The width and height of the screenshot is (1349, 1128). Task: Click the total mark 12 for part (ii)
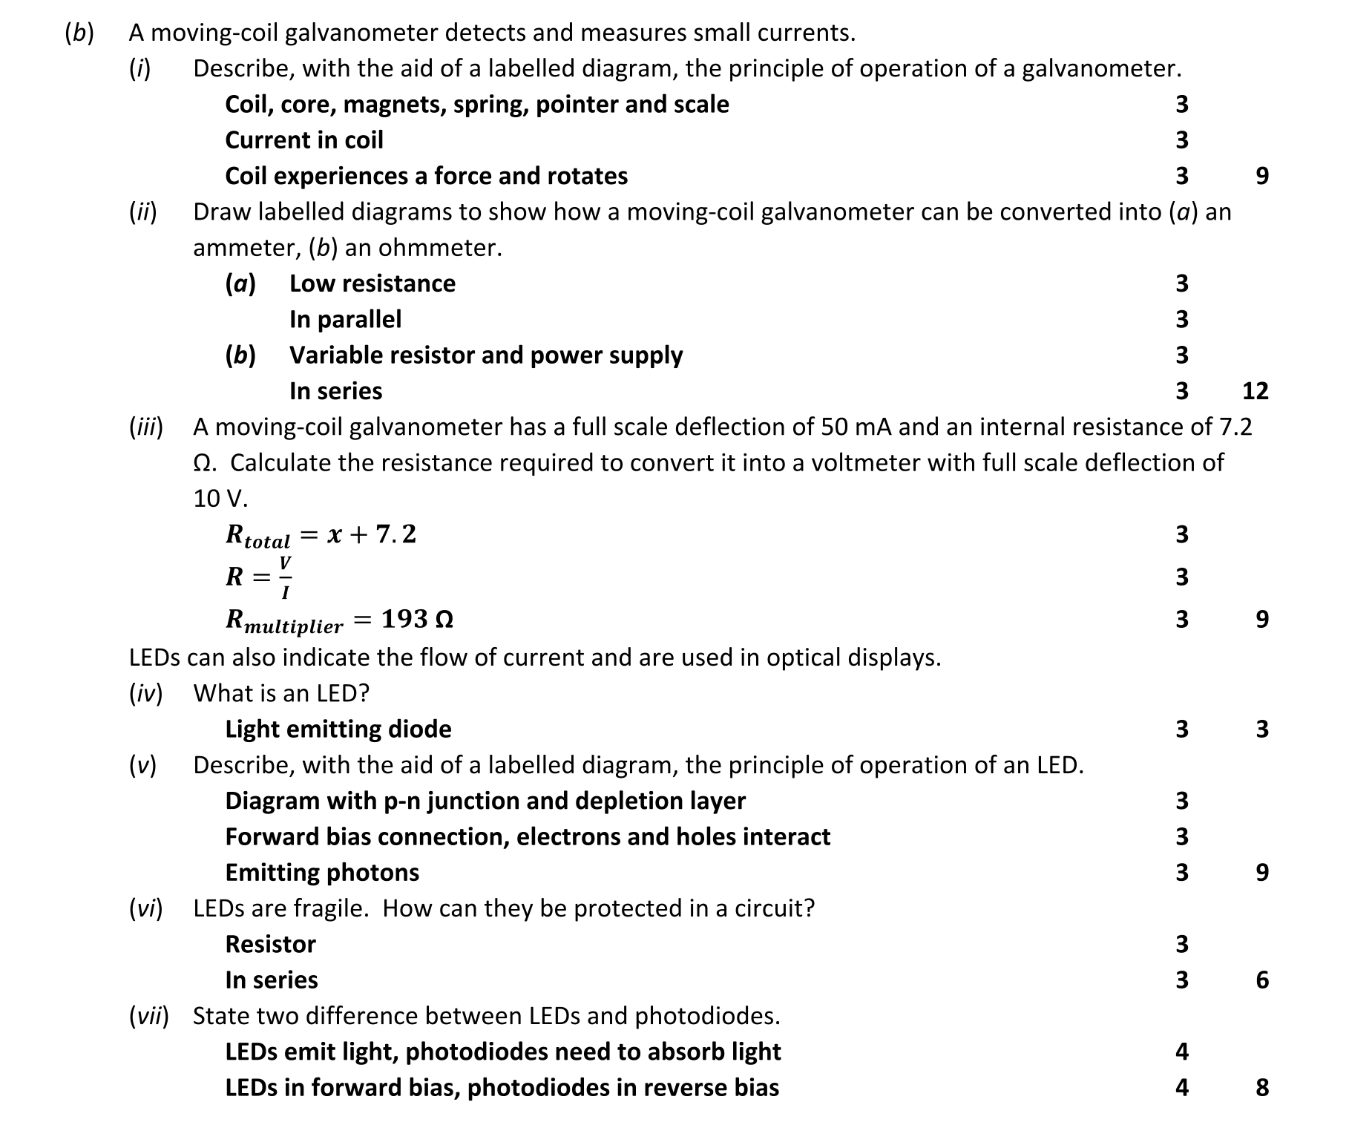tap(1255, 391)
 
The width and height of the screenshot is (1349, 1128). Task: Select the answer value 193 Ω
tap(417, 619)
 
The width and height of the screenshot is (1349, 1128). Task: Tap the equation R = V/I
tap(259, 577)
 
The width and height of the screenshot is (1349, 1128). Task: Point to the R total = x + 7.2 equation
tap(321, 535)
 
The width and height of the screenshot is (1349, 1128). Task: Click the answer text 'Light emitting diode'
tap(338, 729)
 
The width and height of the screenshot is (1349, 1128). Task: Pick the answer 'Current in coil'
tap(304, 140)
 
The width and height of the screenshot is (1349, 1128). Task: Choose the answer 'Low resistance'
tap(372, 283)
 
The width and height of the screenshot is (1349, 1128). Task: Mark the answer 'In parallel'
tap(345, 320)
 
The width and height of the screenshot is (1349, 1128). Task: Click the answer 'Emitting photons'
tap(322, 873)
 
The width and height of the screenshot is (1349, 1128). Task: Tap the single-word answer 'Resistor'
tap(270, 945)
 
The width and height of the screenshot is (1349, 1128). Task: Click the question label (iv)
tap(145, 693)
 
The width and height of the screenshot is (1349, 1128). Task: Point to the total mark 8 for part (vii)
tap(1262, 1088)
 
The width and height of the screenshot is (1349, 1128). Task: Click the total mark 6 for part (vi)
tap(1262, 980)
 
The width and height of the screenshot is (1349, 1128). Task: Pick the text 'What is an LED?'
tap(281, 693)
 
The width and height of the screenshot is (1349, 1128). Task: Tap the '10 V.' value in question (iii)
tap(220, 499)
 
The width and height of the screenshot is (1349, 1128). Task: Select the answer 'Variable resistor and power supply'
tap(486, 355)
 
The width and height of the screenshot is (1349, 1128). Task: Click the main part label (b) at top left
tap(79, 33)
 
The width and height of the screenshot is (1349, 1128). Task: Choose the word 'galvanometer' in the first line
tap(354, 33)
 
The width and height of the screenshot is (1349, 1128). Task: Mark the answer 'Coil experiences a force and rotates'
tap(426, 177)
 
